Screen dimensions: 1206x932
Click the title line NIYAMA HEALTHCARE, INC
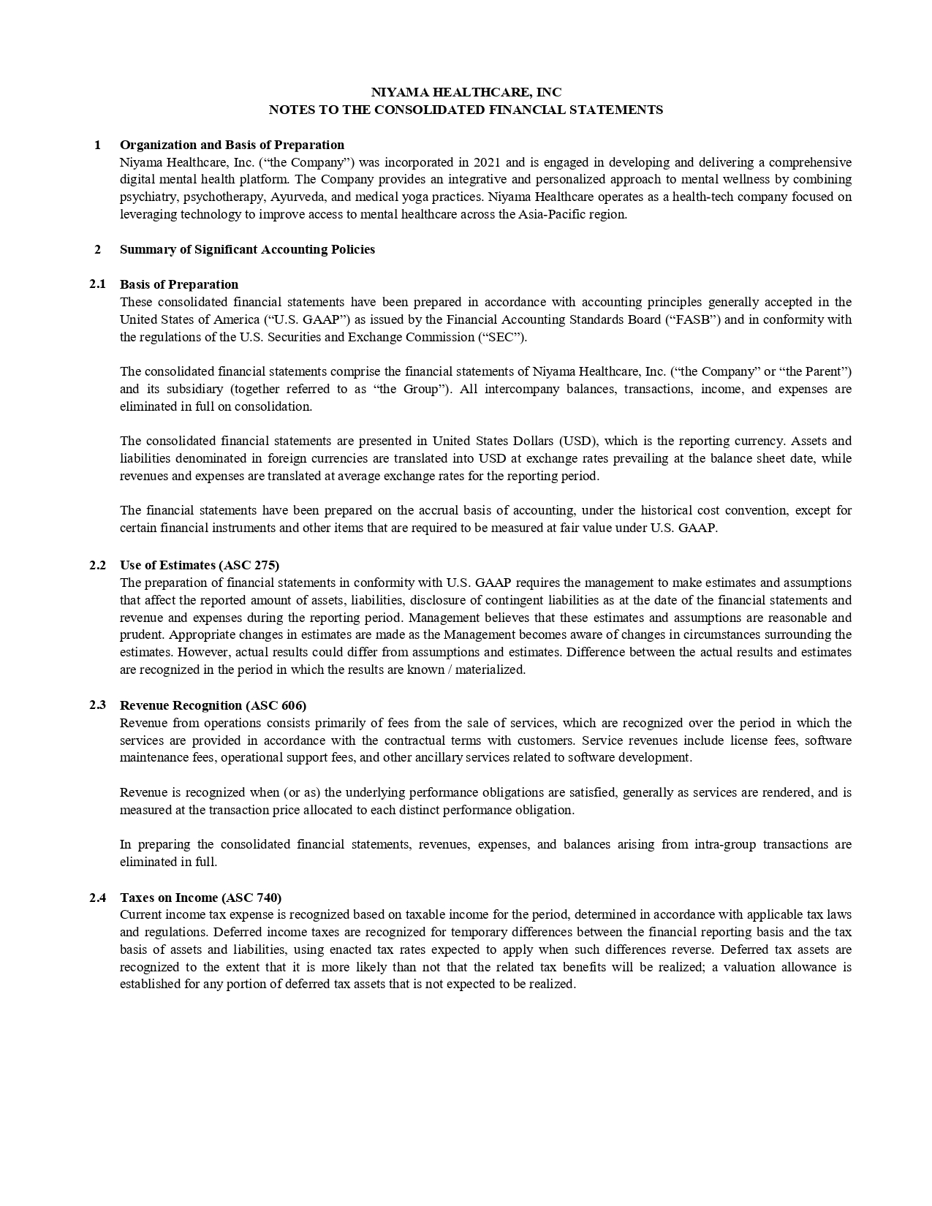[x=466, y=92]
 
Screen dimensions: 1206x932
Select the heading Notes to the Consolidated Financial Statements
[x=466, y=110]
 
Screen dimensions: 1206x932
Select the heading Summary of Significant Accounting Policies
[x=247, y=249]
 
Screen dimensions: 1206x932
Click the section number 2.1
[x=98, y=284]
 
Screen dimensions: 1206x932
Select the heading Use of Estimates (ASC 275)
[x=200, y=565]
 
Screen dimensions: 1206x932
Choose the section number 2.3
[x=98, y=705]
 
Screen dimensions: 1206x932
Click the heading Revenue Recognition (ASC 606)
[x=213, y=705]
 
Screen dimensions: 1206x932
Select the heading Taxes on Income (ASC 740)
[x=200, y=898]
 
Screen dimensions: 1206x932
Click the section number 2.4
[x=98, y=897]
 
